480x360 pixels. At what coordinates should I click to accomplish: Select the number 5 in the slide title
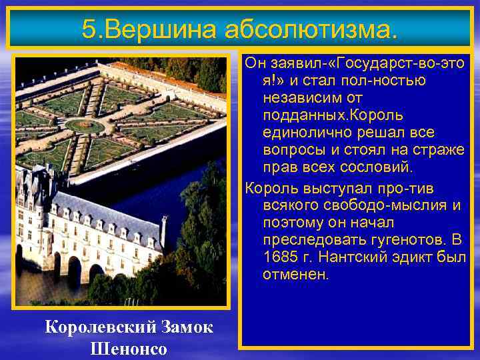pyautogui.click(x=89, y=28)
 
